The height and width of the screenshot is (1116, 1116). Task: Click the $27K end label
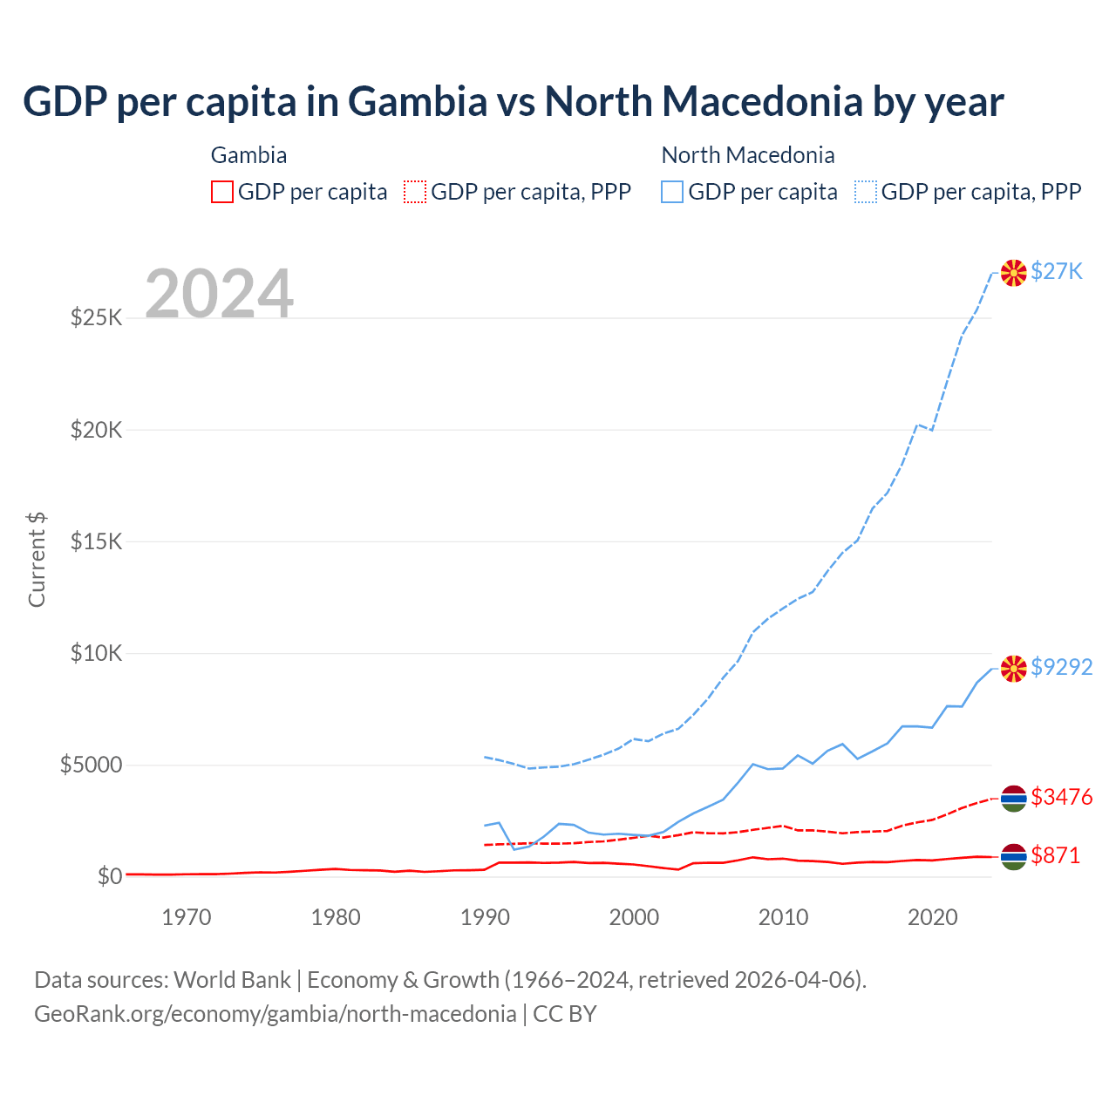point(1056,271)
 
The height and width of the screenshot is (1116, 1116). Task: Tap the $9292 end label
point(1061,667)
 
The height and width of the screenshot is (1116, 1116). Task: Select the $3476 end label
point(1061,797)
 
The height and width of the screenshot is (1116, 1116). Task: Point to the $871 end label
point(1055,855)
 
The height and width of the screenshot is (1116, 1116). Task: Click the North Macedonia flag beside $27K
point(1013,273)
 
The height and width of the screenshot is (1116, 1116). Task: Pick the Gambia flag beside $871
point(1013,857)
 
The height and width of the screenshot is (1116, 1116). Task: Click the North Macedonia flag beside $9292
point(1013,669)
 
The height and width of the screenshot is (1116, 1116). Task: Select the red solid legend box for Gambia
point(222,192)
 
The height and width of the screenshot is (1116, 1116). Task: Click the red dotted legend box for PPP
point(415,192)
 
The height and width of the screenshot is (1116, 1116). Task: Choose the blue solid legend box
point(672,192)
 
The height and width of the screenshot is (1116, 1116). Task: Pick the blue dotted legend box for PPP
point(866,192)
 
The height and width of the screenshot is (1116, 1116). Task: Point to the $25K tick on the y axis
point(96,317)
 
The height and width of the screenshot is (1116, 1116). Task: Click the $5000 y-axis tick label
point(91,765)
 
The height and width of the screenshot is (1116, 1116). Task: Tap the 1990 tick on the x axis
point(485,916)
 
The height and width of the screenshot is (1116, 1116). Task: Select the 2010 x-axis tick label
point(783,916)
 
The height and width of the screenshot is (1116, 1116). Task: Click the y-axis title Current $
point(37,560)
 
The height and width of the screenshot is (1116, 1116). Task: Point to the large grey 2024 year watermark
point(219,294)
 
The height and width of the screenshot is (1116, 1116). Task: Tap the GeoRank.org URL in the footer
point(276,1014)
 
